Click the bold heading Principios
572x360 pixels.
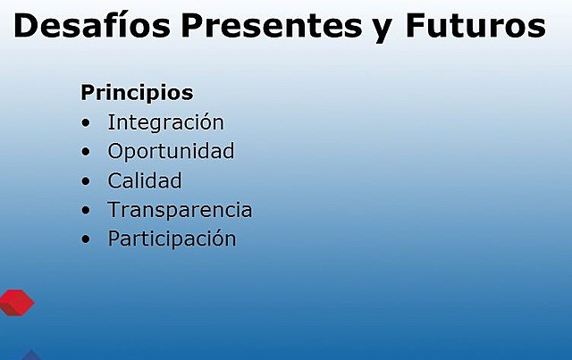pyautogui.click(x=137, y=93)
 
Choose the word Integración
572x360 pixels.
pyautogui.click(x=165, y=122)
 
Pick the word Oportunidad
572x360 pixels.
pyautogui.click(x=171, y=151)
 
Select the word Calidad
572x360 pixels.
pyautogui.click(x=145, y=180)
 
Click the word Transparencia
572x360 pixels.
pyautogui.click(x=180, y=210)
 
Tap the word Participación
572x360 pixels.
pyautogui.click(x=172, y=239)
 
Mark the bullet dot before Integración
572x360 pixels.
pyautogui.click(x=86, y=123)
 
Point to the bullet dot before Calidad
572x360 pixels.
pyautogui.click(x=86, y=181)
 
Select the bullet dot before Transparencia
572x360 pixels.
pyautogui.click(x=86, y=211)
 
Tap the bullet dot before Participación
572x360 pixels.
pyautogui.click(x=86, y=240)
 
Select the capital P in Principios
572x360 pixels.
pyautogui.click(x=88, y=93)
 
